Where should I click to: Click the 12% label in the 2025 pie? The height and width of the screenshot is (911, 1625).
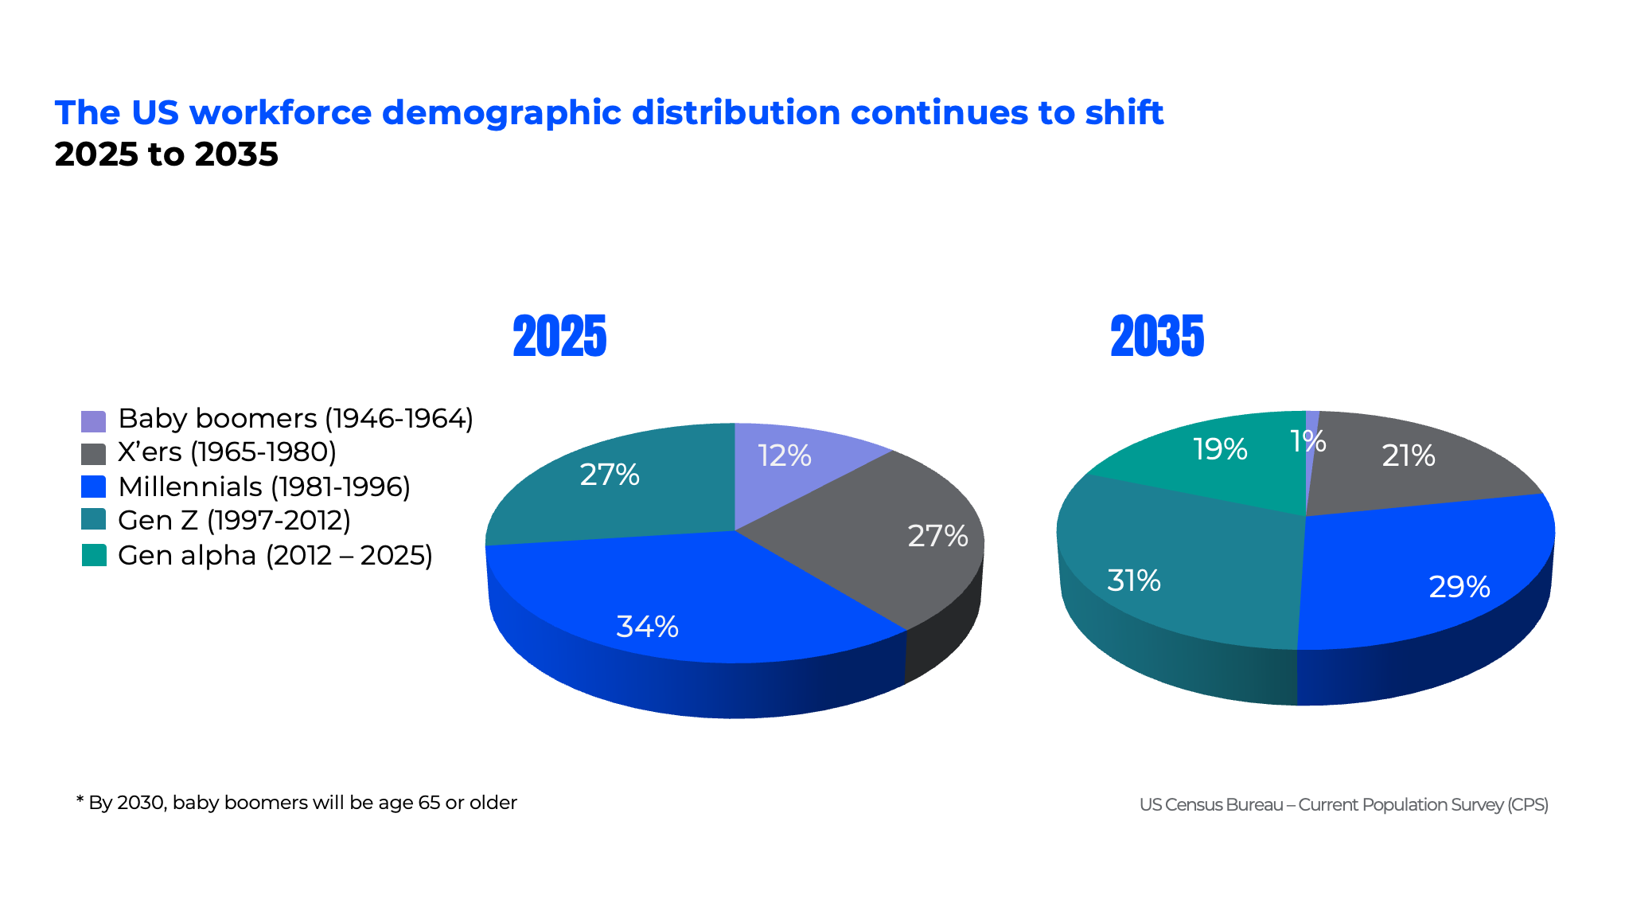click(x=784, y=456)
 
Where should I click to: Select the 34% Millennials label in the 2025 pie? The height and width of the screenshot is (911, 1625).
click(x=647, y=628)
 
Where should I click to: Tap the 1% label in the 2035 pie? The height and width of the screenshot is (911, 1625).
click(x=1308, y=441)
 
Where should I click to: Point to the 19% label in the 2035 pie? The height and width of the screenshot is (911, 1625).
click(x=1220, y=450)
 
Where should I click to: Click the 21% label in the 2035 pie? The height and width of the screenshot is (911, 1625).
click(x=1408, y=456)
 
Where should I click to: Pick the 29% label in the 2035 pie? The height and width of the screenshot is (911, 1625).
click(x=1459, y=588)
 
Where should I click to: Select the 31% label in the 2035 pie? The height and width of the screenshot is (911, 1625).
click(x=1133, y=581)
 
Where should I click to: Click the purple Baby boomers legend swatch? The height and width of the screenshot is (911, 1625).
click(x=93, y=420)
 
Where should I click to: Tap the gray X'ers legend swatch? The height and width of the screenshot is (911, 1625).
click(x=93, y=454)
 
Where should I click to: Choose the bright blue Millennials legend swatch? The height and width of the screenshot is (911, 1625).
click(x=93, y=487)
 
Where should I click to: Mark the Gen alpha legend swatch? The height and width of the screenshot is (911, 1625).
click(x=93, y=555)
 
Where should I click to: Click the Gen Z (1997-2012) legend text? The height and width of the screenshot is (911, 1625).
click(x=234, y=521)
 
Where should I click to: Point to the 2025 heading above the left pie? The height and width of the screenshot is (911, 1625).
click(x=559, y=336)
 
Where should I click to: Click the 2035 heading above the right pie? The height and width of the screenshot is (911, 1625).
click(x=1157, y=336)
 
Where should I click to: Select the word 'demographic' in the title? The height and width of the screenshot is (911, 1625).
click(x=501, y=113)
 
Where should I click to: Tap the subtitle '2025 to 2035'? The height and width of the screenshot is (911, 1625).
click(x=166, y=154)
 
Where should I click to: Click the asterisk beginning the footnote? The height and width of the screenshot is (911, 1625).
click(x=80, y=799)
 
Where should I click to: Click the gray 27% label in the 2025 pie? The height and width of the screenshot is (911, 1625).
click(x=937, y=537)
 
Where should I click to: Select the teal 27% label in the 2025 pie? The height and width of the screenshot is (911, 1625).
click(x=610, y=475)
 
